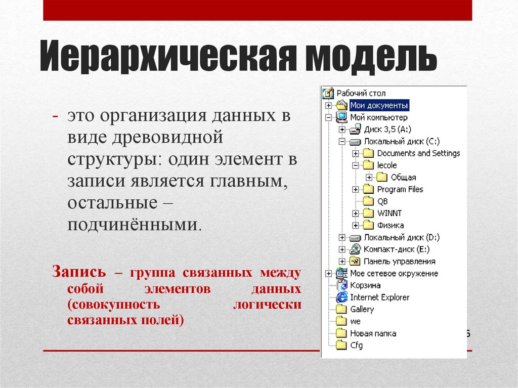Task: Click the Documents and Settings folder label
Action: pos(418,153)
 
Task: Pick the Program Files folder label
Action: pos(400,189)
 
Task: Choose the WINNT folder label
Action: pos(389,213)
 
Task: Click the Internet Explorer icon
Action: pos(342,297)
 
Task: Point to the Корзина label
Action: pos(365,285)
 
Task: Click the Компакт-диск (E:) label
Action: pos(397,249)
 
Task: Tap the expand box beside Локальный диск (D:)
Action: pos(342,237)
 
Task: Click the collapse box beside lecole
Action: pos(356,165)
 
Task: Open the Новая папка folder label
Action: pos(373,333)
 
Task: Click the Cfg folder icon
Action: pos(342,346)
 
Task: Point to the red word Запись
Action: pos(79,272)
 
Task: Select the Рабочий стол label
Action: pos(361,93)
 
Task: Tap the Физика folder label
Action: pos(391,225)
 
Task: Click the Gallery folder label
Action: pos(362,309)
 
